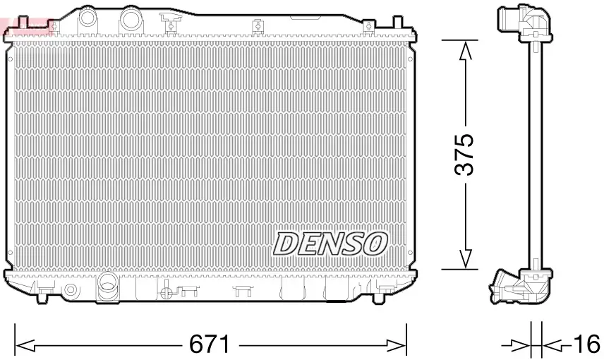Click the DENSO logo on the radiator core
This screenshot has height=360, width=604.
330,244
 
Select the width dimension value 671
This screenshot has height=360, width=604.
210,345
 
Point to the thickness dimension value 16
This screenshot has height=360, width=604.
586,345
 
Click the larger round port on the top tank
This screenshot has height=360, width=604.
131,19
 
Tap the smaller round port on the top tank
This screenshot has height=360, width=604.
87,16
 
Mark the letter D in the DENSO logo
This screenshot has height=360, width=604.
286,244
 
